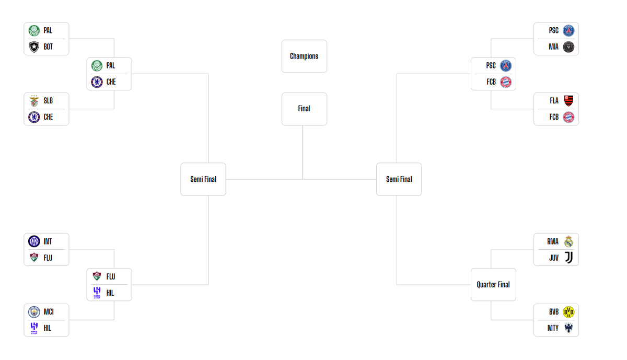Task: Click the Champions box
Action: [x=304, y=56]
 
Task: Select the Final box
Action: [x=304, y=109]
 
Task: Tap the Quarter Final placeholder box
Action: [x=493, y=285]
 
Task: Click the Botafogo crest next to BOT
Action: [x=34, y=47]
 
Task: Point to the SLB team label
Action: [x=48, y=101]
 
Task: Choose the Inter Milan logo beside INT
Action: [x=34, y=241]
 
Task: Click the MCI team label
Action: [x=49, y=312]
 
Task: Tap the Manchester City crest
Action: [x=34, y=312]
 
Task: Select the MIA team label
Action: [x=553, y=47]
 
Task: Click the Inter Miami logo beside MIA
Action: [x=568, y=47]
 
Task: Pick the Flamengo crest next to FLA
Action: [x=568, y=101]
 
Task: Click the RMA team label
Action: [x=553, y=241]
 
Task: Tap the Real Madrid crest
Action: [x=568, y=241]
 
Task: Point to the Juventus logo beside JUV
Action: [x=568, y=258]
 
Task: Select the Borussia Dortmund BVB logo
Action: [x=568, y=312]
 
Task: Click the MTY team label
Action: [x=553, y=328]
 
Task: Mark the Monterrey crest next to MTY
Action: [x=568, y=328]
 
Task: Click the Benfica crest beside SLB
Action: [x=34, y=101]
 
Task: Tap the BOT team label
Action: [x=48, y=47]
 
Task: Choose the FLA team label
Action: [x=554, y=101]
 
